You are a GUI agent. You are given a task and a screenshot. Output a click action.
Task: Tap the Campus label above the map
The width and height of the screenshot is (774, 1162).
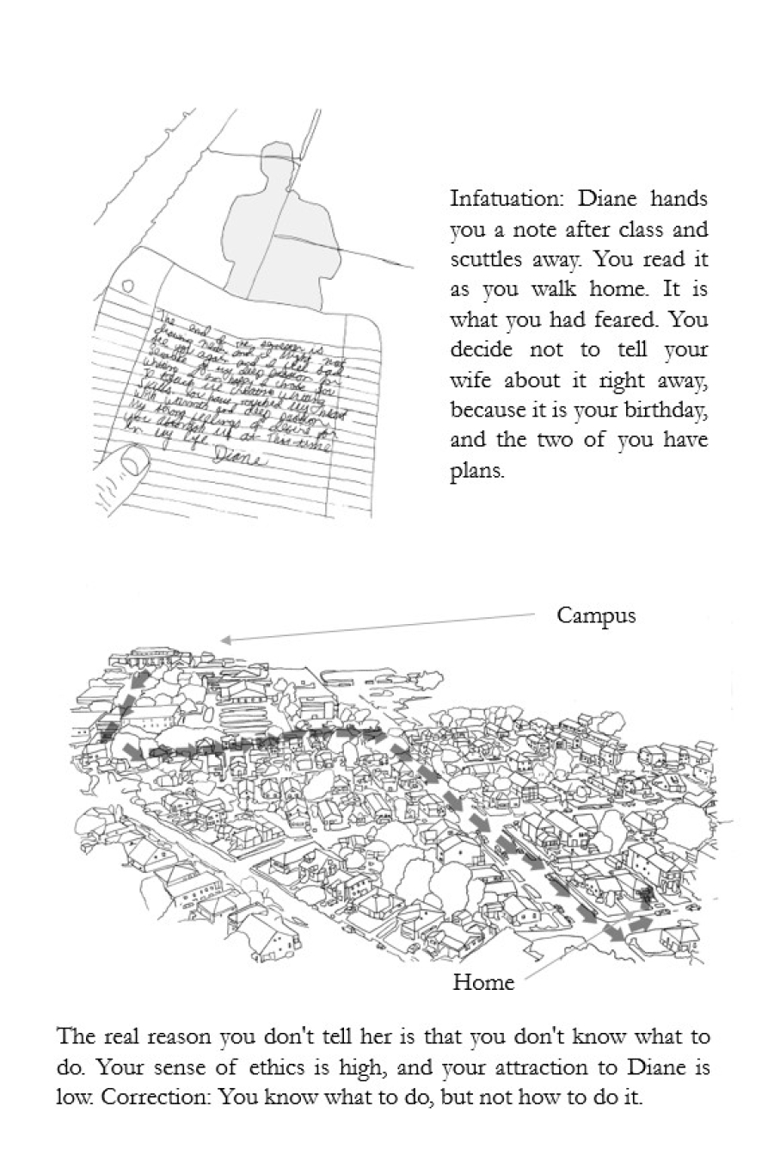(x=596, y=615)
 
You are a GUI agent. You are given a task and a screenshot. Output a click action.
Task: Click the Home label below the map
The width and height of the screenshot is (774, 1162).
(x=483, y=982)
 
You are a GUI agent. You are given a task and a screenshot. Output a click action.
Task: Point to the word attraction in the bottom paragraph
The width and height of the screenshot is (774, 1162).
(x=543, y=1067)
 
